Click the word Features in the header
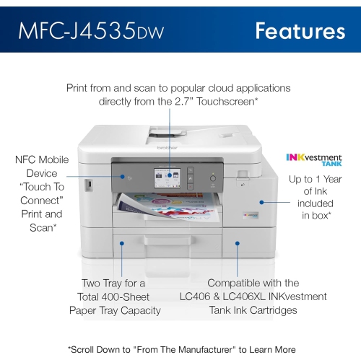300,30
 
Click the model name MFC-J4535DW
95,31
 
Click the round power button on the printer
213,177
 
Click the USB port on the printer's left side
88,184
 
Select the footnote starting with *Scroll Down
180,349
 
